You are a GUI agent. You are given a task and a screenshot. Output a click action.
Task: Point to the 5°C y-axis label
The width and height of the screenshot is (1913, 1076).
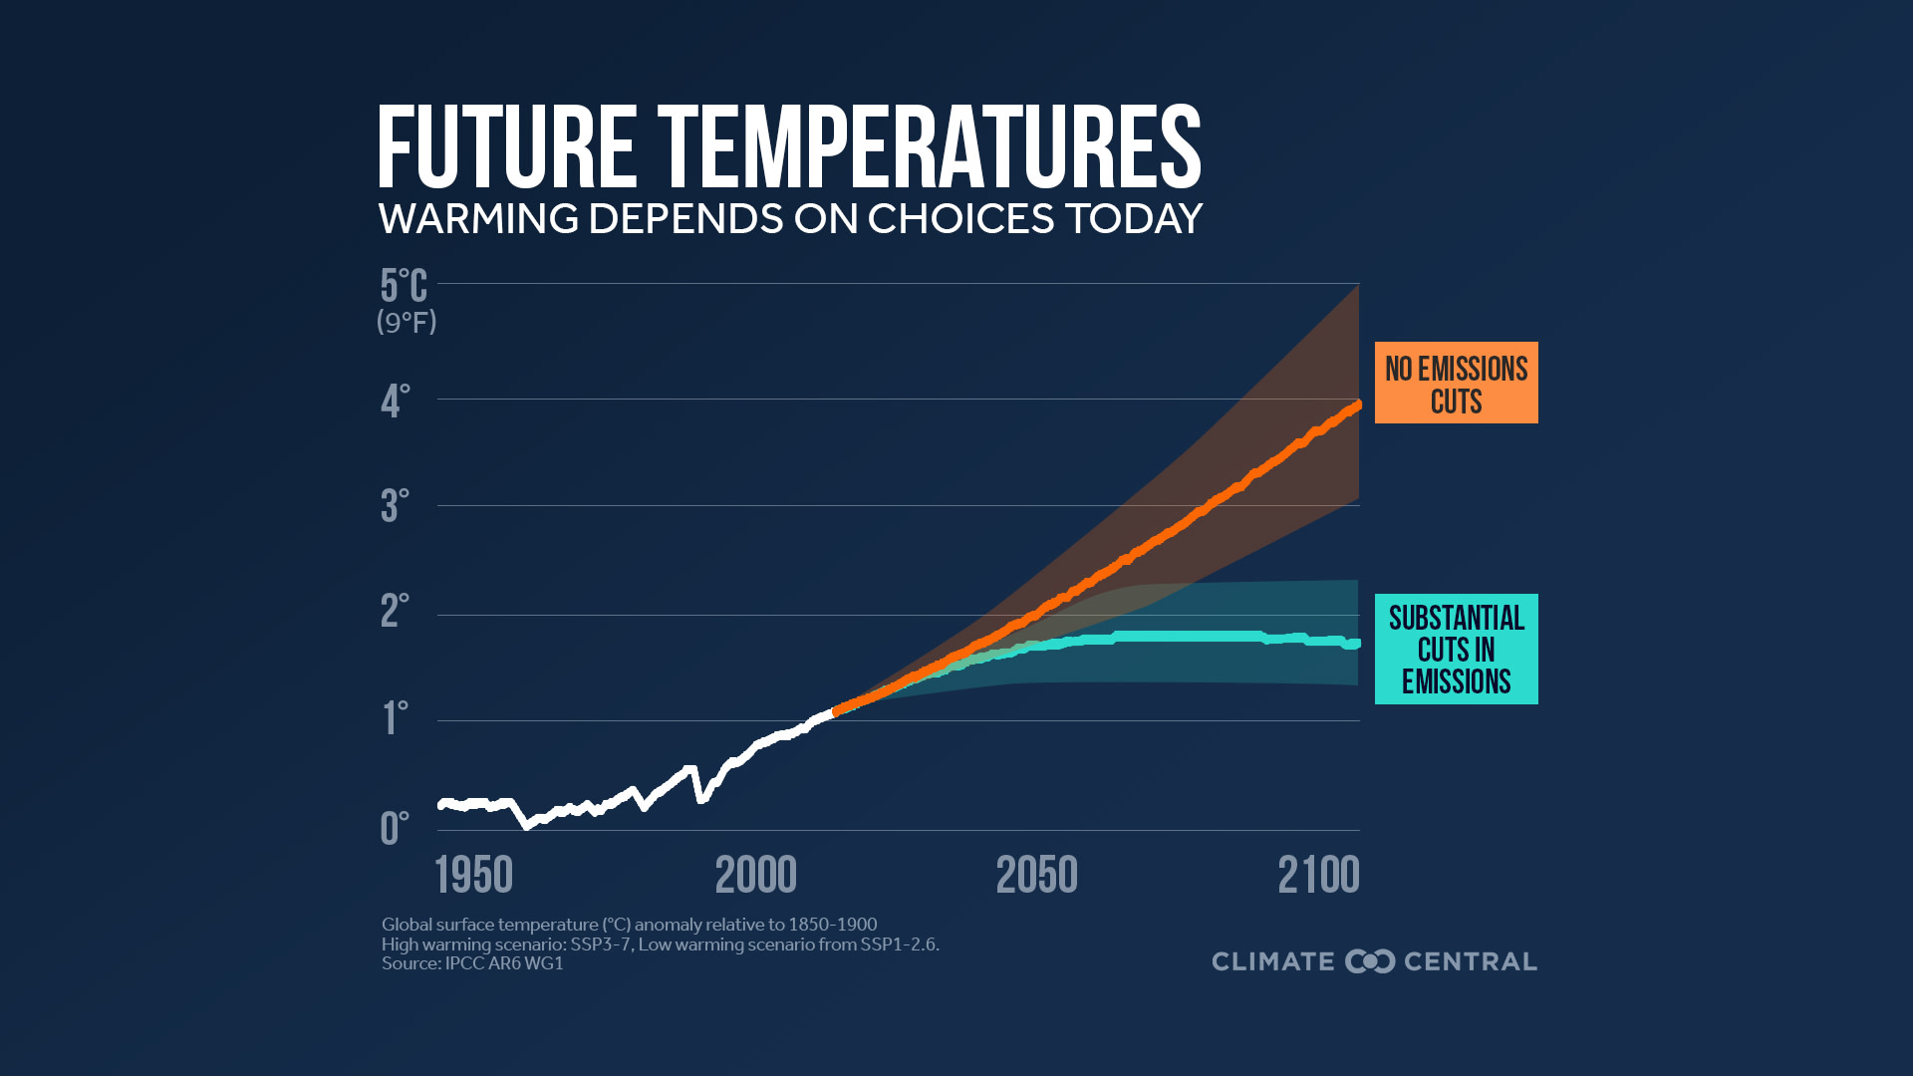tap(404, 286)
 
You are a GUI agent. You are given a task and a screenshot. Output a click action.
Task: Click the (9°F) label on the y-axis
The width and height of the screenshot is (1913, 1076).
tap(407, 322)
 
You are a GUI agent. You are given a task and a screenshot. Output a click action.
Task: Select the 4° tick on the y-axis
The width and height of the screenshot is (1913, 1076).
tap(395, 402)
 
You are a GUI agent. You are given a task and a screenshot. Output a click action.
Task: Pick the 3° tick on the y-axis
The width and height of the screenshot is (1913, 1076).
tap(395, 506)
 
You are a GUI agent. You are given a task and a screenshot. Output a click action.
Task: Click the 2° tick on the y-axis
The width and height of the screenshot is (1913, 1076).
tap(395, 611)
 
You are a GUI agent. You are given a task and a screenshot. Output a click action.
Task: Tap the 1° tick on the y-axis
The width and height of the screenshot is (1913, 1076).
tap(395, 718)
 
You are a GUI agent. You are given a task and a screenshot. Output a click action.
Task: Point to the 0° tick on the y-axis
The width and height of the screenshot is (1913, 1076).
tap(395, 828)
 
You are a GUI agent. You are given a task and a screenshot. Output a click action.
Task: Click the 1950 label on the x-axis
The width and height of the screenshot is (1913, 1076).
tap(474, 876)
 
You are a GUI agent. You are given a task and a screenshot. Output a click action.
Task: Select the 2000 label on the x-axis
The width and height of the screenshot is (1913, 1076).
tap(755, 876)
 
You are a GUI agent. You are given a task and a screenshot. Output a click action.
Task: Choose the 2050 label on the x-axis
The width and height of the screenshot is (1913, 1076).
tap(1036, 876)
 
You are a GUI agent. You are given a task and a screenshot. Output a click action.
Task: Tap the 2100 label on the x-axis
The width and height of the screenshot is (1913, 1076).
tap(1318, 876)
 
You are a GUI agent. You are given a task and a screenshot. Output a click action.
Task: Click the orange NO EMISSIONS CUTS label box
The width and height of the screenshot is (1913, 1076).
tap(1456, 383)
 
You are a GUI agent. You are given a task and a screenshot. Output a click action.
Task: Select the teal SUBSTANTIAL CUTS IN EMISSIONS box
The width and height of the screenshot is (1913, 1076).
tap(1456, 649)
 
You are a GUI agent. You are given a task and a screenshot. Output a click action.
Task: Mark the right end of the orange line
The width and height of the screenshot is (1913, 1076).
tap(1357, 405)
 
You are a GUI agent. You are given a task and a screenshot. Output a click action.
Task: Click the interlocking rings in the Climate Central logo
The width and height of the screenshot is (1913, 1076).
tap(1370, 961)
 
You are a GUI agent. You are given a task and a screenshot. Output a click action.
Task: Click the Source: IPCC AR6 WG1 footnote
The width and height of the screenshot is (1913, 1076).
tap(472, 963)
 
